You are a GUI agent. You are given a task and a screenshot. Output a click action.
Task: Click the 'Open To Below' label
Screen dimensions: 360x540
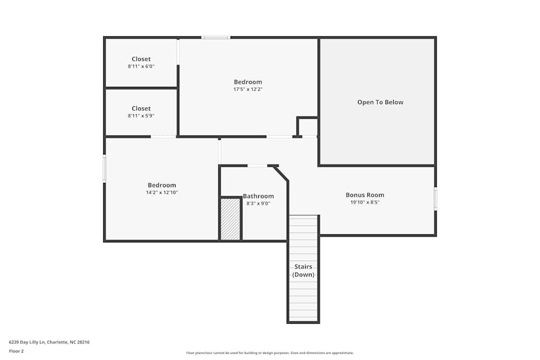tap(380, 102)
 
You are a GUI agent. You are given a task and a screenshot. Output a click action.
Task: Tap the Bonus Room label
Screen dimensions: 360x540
tap(364, 195)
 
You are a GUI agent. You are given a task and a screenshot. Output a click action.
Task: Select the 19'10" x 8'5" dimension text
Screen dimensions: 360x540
tap(364, 203)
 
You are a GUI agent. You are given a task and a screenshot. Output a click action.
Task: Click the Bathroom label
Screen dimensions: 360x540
tap(258, 196)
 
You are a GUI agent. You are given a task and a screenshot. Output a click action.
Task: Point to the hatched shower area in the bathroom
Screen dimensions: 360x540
tap(231, 219)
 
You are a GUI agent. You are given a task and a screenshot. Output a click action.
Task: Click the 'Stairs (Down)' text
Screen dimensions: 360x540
tap(303, 270)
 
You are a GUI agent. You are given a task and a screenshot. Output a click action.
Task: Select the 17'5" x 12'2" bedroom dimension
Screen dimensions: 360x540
tap(248, 90)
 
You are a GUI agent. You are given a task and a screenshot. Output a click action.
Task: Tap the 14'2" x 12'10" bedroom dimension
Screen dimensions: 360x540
tap(161, 193)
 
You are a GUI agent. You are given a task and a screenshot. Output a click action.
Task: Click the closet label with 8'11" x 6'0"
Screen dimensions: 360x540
tap(141, 59)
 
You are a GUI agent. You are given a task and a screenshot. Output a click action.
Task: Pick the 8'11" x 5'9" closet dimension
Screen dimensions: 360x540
tap(141, 116)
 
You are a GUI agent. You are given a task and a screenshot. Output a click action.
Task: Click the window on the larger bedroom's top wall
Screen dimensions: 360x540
tap(215, 37)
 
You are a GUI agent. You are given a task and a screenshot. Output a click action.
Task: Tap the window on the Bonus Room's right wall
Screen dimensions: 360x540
tap(435, 198)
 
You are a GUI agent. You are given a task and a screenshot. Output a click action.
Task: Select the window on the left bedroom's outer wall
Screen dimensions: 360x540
tap(104, 168)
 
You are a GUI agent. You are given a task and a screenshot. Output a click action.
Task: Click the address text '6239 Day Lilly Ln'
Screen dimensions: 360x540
tap(28, 342)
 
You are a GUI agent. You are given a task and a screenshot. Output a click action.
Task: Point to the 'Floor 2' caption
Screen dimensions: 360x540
tap(16, 351)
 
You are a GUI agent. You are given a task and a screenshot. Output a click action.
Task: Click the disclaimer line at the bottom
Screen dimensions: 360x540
tap(270, 353)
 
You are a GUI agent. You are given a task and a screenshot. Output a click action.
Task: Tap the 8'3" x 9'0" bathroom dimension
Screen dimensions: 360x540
tap(258, 203)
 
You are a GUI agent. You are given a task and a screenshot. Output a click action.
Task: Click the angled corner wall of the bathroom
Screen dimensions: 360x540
tap(281, 174)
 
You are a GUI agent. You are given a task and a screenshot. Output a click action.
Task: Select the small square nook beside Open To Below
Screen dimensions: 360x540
tap(308, 127)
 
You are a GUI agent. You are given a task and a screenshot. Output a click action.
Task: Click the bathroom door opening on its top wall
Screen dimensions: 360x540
tap(257, 166)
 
